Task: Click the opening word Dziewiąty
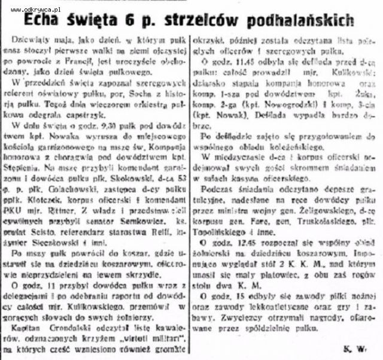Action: pyautogui.click(x=32, y=38)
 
